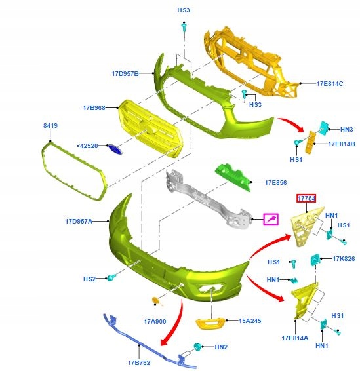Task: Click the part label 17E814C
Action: coord(330,83)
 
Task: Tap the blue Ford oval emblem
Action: coord(115,149)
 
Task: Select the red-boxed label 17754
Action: coord(306,198)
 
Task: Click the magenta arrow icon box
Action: coord(271,219)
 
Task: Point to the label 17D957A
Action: coord(79,222)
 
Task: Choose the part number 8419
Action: coord(50,125)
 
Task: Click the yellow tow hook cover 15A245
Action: coord(210,323)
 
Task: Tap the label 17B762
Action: coord(139,362)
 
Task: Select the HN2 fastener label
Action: coord(221,347)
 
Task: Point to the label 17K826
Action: coord(344,259)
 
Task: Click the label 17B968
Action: coord(94,108)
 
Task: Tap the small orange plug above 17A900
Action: coord(157,301)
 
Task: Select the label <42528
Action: coord(87,146)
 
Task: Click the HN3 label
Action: coord(346,129)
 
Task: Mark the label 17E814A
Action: coord(295,338)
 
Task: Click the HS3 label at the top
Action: coord(184,10)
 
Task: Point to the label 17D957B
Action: coord(125,73)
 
